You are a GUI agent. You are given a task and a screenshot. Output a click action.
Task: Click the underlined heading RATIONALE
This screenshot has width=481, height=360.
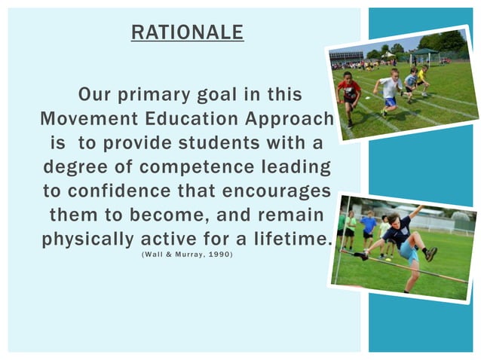187,32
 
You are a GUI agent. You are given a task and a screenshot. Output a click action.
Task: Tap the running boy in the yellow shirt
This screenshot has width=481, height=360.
421,79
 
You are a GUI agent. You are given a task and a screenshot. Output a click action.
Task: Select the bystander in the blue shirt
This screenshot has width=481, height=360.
369,227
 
